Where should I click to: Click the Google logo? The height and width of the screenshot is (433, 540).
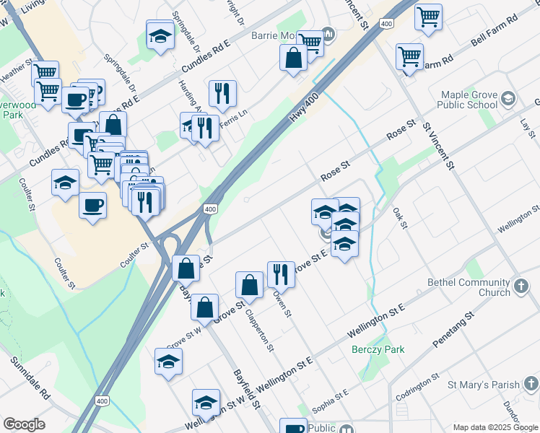[24, 424]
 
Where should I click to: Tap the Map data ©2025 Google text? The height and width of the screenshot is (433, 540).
[495, 427]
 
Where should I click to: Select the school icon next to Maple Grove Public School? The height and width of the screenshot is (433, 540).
[509, 99]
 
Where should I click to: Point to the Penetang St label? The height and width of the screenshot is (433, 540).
[453, 328]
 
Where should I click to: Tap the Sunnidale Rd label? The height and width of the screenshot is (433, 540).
[35, 386]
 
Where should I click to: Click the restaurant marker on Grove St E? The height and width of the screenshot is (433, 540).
[280, 274]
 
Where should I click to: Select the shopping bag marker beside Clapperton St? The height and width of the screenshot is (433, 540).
[249, 285]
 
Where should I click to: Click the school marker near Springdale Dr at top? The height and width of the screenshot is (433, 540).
[160, 35]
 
